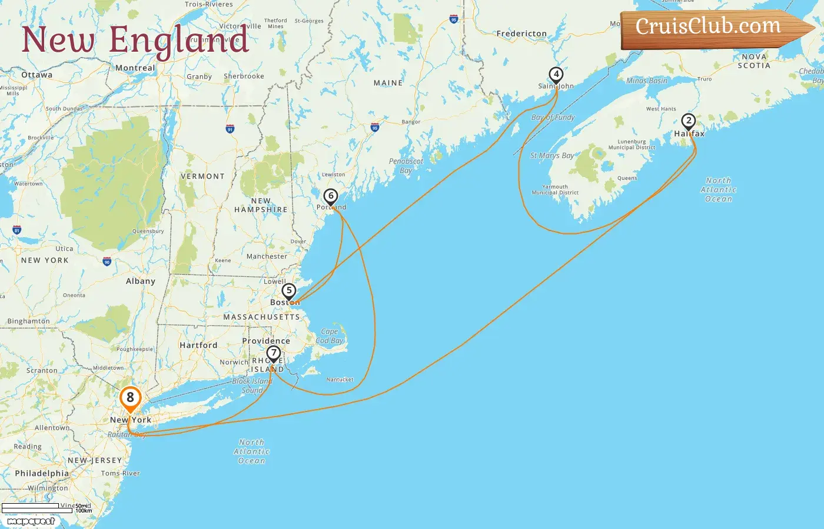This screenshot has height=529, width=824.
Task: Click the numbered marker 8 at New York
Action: pos(130,398)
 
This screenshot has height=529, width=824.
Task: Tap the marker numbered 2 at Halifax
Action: pos(688,121)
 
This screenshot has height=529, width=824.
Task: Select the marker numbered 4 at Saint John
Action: pos(556,75)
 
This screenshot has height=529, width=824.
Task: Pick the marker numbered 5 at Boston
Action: pos(288,291)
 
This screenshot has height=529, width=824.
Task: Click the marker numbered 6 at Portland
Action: pos(331,196)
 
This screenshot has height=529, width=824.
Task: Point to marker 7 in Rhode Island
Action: pos(273,353)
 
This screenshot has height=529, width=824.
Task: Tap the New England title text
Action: pos(135,40)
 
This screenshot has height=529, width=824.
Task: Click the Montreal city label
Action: pos(135,68)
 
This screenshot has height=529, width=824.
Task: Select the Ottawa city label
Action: pos(36,75)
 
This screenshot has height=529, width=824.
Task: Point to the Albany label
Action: pos(141,282)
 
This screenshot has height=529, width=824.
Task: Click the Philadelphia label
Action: pos(42,474)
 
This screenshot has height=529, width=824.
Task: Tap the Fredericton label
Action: pos(521,34)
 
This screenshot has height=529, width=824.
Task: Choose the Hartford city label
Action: pos(198,346)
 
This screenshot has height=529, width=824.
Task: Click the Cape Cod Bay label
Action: pos(330,336)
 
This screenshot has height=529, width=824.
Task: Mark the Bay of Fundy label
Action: pos(553,118)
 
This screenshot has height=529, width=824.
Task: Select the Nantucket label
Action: pos(340,380)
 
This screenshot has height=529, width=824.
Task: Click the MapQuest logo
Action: pos(31,521)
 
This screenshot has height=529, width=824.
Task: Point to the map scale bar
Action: pos(38,508)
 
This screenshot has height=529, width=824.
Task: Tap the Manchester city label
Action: pos(267,257)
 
